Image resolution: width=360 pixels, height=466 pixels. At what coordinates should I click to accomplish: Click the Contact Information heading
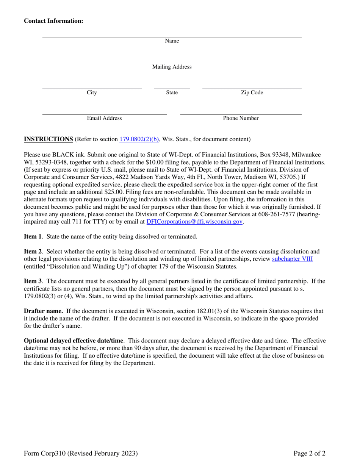[53, 21]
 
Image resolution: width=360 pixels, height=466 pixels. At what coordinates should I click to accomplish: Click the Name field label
[172, 41]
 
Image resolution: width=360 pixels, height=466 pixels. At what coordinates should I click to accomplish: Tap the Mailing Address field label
[172, 67]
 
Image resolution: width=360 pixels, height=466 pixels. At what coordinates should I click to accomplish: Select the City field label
[92, 93]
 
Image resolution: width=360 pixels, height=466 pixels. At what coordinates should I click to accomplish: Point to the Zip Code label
[252, 93]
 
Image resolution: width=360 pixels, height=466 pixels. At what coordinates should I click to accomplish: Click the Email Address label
[104, 119]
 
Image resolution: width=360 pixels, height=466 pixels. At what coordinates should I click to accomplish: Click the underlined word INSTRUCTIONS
[49, 139]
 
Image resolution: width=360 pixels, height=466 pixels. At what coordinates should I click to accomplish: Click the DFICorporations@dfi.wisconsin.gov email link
[194, 222]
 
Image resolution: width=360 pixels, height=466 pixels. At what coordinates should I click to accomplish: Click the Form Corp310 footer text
[80, 453]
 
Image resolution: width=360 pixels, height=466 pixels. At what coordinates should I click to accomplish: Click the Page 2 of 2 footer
[310, 453]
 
